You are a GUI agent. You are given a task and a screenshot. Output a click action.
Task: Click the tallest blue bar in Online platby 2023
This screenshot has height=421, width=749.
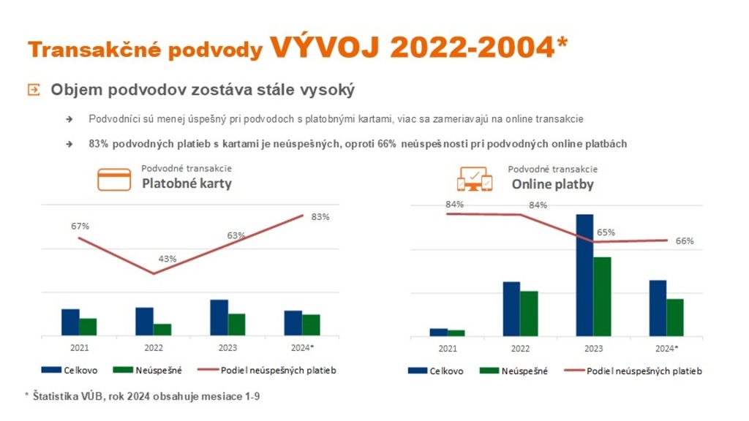pos(584,275)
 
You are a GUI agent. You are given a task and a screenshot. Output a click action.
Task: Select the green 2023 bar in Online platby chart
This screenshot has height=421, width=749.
pos(602,296)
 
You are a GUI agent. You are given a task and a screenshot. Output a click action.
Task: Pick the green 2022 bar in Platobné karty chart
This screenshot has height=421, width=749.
pos(162,330)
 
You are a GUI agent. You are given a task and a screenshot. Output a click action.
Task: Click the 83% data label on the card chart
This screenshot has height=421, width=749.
pos(320,217)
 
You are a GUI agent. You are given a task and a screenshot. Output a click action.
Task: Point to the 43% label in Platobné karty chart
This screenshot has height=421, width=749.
pos(168,259)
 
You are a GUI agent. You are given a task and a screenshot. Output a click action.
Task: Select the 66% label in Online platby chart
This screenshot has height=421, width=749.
pos(685,241)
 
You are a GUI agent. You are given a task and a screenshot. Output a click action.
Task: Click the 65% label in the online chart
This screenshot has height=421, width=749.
pos(606,232)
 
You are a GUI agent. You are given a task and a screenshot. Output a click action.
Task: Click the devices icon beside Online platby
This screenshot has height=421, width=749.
pos(474,178)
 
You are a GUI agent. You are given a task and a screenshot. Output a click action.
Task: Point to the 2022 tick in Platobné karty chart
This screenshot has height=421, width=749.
pos(153,348)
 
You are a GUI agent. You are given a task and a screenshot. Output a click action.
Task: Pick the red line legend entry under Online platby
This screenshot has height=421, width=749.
pos(633,371)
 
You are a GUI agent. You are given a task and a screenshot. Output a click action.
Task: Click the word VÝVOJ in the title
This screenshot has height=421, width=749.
pos(325,47)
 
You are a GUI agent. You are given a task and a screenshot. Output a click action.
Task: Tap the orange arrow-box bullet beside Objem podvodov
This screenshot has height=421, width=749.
pos(33,90)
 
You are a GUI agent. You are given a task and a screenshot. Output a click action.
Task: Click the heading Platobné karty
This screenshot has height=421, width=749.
pos(187,183)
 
